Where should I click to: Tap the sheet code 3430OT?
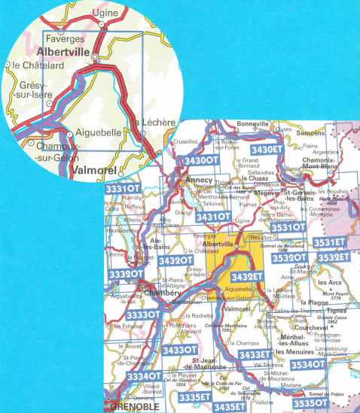[x=201, y=161]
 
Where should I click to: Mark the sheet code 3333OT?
[x=143, y=314]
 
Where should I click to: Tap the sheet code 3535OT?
[x=310, y=403]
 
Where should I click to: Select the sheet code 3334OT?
[x=143, y=376]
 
